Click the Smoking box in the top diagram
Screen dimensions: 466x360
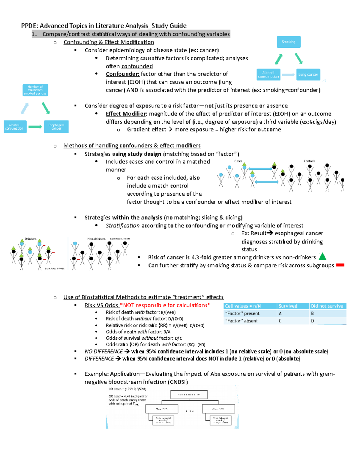coord(289,42)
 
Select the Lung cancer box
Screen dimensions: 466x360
coord(308,74)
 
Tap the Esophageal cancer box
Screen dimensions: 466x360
coord(56,127)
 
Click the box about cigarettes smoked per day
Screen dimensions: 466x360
coord(35,90)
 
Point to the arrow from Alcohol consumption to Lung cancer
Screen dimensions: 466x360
coord(288,75)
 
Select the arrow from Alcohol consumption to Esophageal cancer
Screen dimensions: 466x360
coord(35,127)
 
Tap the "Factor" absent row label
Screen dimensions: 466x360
coord(241,321)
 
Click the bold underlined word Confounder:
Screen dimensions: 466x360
coord(122,74)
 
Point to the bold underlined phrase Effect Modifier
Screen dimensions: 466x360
coord(126,114)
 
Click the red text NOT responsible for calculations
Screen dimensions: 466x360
coord(165,305)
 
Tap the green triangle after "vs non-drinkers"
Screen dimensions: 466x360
coord(322,257)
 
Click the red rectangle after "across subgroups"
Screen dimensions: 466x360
coord(340,265)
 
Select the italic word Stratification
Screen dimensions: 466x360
coord(122,226)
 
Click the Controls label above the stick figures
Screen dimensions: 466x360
coord(309,161)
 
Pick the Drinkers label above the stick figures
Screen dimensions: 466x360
coord(30,239)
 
